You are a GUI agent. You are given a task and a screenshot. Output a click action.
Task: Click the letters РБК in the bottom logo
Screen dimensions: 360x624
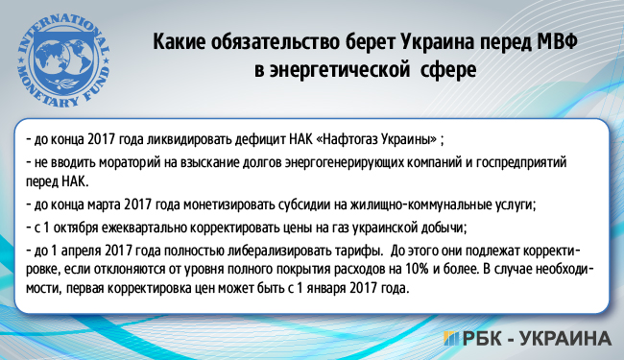pos(484,339)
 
